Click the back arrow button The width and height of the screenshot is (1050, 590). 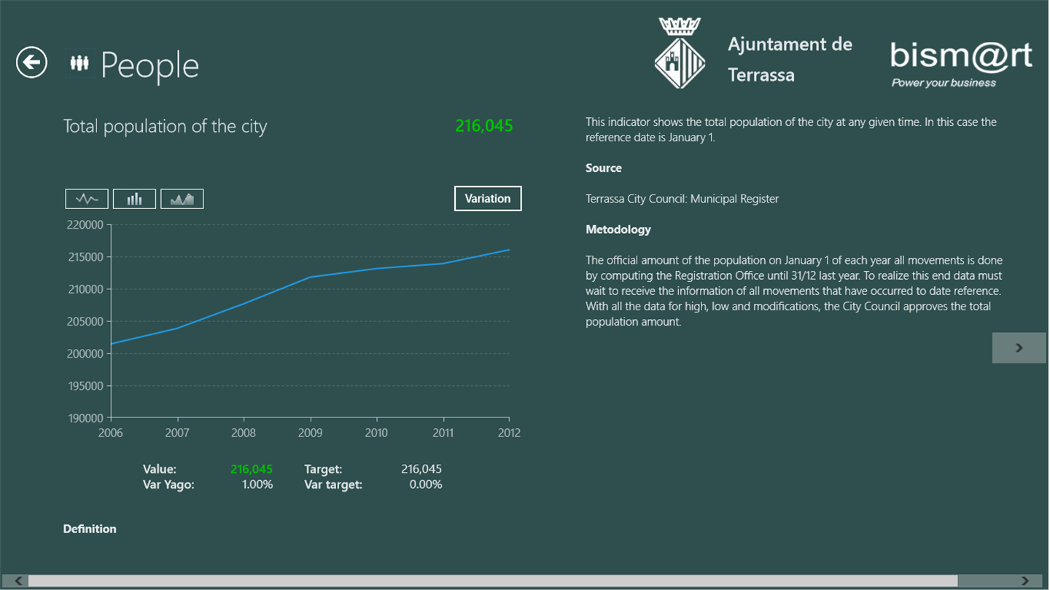(31, 63)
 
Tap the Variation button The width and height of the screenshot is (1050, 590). (488, 199)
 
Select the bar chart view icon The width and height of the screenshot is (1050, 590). (134, 199)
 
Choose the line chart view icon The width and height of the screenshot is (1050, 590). (87, 199)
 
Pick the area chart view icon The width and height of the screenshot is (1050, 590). (182, 199)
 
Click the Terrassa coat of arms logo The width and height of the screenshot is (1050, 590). (680, 53)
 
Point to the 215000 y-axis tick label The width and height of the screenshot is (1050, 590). (86, 257)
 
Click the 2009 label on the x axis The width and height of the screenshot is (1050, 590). (311, 433)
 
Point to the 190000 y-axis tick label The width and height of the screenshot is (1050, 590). (86, 418)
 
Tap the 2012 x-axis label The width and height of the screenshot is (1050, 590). (509, 433)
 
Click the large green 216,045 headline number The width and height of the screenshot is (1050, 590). (483, 125)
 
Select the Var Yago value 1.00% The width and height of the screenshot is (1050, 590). (257, 484)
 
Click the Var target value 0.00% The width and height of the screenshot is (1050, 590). (426, 484)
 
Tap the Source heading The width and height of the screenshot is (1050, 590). (603, 168)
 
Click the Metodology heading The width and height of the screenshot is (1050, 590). (618, 229)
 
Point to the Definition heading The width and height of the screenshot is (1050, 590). (90, 529)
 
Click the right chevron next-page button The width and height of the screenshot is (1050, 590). (1019, 347)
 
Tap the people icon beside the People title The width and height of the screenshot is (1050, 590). (79, 63)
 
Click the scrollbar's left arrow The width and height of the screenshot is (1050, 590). (18, 581)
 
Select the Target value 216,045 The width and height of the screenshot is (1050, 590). (421, 469)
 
